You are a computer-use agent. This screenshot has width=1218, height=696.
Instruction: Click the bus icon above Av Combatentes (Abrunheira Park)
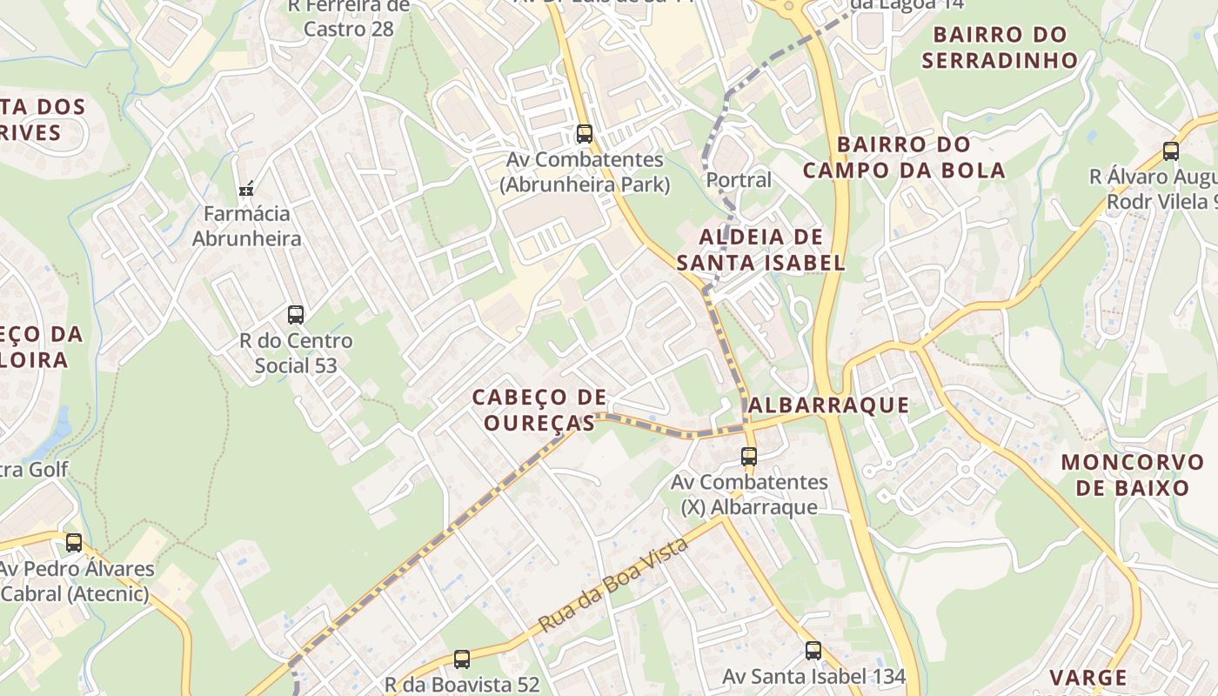pyautogui.click(x=585, y=134)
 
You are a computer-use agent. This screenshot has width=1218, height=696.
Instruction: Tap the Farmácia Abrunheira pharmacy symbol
pyautogui.click(x=246, y=187)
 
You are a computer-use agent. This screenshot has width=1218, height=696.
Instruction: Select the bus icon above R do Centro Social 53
pyautogui.click(x=296, y=315)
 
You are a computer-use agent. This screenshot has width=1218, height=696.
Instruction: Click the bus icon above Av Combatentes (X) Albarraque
pyautogui.click(x=749, y=456)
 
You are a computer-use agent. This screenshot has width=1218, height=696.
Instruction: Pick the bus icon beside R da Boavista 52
pyautogui.click(x=462, y=659)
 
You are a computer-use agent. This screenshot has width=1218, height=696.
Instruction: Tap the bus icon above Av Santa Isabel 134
pyautogui.click(x=813, y=650)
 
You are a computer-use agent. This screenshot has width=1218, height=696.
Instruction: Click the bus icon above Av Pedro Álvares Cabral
pyautogui.click(x=74, y=543)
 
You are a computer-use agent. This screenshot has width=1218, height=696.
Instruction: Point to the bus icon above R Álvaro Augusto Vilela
pyautogui.click(x=1171, y=151)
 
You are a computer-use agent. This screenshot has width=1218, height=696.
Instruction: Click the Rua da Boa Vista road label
pyautogui.click(x=613, y=585)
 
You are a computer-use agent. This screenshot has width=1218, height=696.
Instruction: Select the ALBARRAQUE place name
pyautogui.click(x=828, y=405)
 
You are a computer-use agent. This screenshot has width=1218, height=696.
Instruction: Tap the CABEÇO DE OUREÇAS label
pyautogui.click(x=539, y=410)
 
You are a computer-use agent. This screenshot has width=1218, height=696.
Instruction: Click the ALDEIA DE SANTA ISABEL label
pyautogui.click(x=761, y=250)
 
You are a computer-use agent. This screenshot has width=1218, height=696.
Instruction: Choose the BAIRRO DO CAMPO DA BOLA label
pyautogui.click(x=904, y=157)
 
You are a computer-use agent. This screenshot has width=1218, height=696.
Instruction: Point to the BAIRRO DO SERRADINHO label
pyautogui.click(x=1000, y=47)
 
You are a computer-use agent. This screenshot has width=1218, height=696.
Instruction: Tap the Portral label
pyautogui.click(x=739, y=180)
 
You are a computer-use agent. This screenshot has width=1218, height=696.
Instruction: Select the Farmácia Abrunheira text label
pyautogui.click(x=247, y=226)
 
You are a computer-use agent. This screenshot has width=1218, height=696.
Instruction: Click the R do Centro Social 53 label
pyautogui.click(x=296, y=352)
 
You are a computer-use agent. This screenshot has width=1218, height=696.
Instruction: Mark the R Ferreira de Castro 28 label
pyautogui.click(x=348, y=17)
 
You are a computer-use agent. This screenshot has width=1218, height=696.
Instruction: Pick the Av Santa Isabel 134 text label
pyautogui.click(x=814, y=676)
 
